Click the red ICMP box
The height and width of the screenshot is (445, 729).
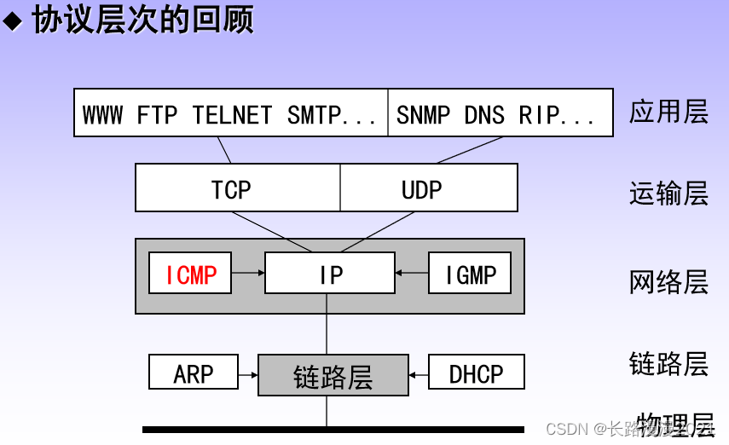(x=190, y=274)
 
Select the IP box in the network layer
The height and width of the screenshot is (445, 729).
(x=330, y=274)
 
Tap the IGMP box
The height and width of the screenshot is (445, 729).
(x=470, y=274)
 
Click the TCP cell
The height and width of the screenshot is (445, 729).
(x=232, y=189)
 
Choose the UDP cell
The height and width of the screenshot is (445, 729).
(x=422, y=189)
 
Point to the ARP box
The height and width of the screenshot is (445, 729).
(x=194, y=373)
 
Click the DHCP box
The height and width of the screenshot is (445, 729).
(x=476, y=373)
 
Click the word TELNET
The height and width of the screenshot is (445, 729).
(x=232, y=114)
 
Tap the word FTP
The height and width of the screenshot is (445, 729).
(x=157, y=114)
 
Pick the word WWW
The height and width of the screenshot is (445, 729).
(x=103, y=114)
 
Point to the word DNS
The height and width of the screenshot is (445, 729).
(x=485, y=114)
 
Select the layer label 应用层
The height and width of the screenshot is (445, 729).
(x=669, y=112)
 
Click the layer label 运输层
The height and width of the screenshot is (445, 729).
(x=669, y=194)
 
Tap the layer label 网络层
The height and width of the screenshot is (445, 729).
(x=669, y=281)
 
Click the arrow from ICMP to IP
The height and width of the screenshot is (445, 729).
(x=248, y=274)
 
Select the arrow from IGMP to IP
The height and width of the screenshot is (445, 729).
(x=411, y=274)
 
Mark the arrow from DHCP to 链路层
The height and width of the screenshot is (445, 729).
(x=418, y=374)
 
